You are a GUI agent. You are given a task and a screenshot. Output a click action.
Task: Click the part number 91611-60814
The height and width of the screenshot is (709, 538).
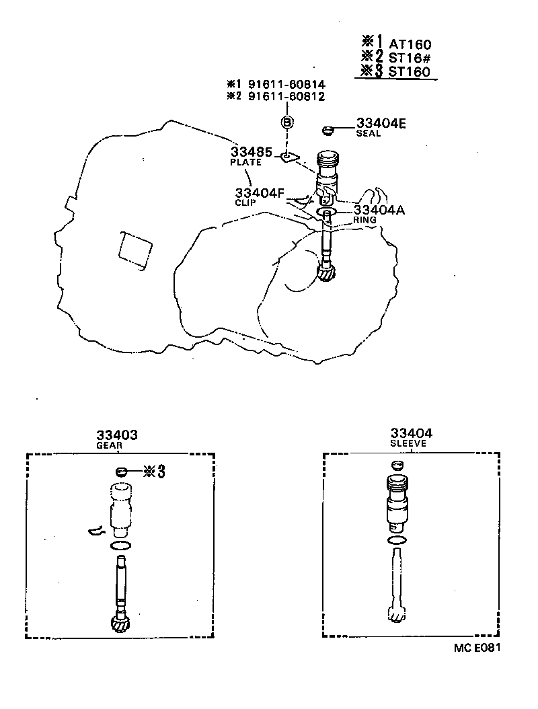point(286,85)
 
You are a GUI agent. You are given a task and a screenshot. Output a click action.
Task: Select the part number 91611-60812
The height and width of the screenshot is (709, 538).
point(286,97)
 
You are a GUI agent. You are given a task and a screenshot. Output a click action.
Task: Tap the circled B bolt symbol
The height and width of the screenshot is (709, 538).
point(287,122)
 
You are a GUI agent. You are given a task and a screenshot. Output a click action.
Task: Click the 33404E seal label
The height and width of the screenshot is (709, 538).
point(381,123)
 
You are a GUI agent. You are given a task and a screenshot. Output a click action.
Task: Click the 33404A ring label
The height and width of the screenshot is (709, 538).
point(379,210)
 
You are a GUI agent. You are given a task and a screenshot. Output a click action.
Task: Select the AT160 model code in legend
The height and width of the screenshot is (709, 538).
point(410,44)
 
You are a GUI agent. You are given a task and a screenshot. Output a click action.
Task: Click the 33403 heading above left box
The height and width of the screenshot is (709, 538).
point(117,435)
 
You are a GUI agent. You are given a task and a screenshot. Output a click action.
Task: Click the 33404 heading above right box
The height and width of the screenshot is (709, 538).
point(411,434)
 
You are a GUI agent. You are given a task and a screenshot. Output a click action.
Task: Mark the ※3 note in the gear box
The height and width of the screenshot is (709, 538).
point(153,472)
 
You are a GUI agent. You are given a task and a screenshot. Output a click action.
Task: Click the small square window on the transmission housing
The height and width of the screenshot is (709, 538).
point(134,252)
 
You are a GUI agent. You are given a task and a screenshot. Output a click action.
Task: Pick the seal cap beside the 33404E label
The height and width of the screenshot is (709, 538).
point(329,128)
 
